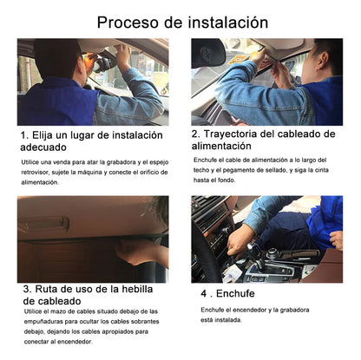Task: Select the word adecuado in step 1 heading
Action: pyautogui.click(x=50, y=148)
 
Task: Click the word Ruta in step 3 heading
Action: pyautogui.click(x=51, y=288)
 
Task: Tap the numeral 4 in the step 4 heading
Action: pyautogui.click(x=203, y=294)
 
